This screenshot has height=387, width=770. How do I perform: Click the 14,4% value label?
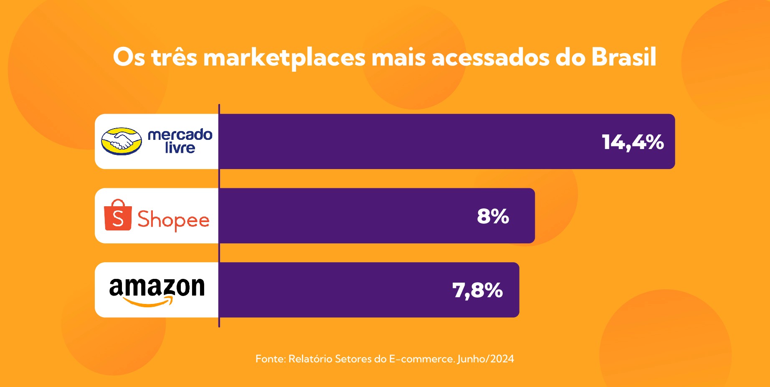633,142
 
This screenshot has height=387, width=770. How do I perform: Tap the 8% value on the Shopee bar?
493,216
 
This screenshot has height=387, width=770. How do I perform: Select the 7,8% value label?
477,290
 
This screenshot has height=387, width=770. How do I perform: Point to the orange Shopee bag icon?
118,215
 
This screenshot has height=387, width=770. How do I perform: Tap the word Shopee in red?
173,220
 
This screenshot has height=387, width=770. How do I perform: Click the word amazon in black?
157,287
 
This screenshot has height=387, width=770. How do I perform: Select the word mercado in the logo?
180,134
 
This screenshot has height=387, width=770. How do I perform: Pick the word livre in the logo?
180,148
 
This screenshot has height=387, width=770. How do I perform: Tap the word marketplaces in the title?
284,58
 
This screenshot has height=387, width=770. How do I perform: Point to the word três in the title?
174,57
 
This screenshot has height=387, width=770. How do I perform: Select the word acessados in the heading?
490,58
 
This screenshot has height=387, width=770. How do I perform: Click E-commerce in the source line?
422,359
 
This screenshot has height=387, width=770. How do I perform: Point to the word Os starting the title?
129,57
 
